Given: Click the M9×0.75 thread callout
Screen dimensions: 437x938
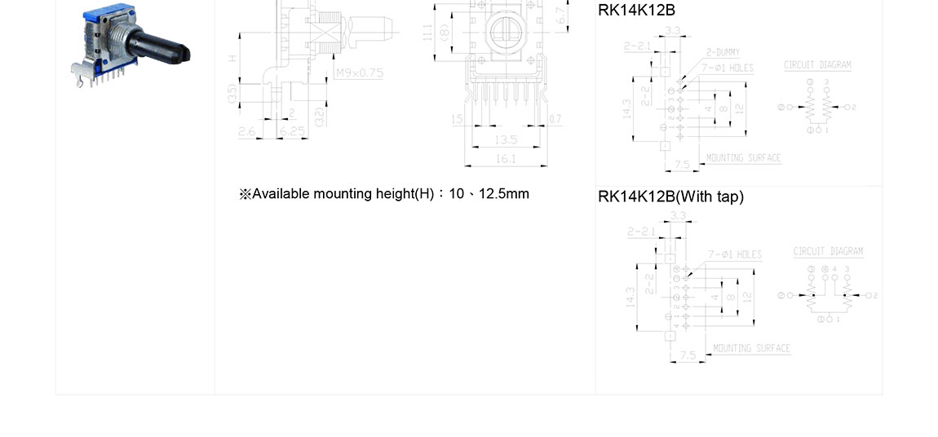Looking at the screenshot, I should point(360,73).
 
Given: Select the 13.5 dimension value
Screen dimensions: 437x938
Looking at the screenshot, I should point(505,140).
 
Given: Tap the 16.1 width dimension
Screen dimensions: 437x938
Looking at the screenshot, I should point(505,159).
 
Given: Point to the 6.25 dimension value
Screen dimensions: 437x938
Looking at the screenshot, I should point(292,130).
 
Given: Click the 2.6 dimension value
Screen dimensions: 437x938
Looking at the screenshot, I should point(246,130).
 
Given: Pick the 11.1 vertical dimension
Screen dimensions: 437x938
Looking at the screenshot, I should point(427,33).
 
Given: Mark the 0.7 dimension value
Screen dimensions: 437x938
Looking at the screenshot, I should point(555,120).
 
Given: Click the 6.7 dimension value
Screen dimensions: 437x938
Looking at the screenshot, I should point(560,15).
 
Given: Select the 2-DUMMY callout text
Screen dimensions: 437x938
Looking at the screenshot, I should point(723,52).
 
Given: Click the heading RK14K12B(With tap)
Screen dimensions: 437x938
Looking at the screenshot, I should point(670,196).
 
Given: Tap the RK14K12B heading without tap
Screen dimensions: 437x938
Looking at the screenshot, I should point(636,11).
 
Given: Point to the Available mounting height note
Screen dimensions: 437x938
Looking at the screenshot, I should point(384,194).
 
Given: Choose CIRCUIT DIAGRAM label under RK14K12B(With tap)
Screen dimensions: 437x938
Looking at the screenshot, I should point(828,251).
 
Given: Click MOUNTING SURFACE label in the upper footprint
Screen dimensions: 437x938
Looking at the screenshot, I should point(743,158).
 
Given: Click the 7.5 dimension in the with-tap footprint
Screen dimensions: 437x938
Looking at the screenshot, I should point(688,355).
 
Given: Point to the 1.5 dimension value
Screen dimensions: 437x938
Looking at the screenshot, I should point(458,120).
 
